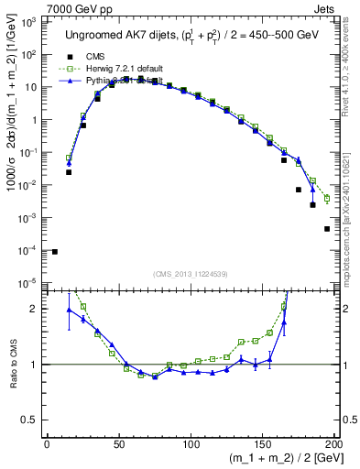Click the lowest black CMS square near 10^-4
click(x=54, y=251)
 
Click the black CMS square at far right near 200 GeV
click(x=327, y=229)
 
